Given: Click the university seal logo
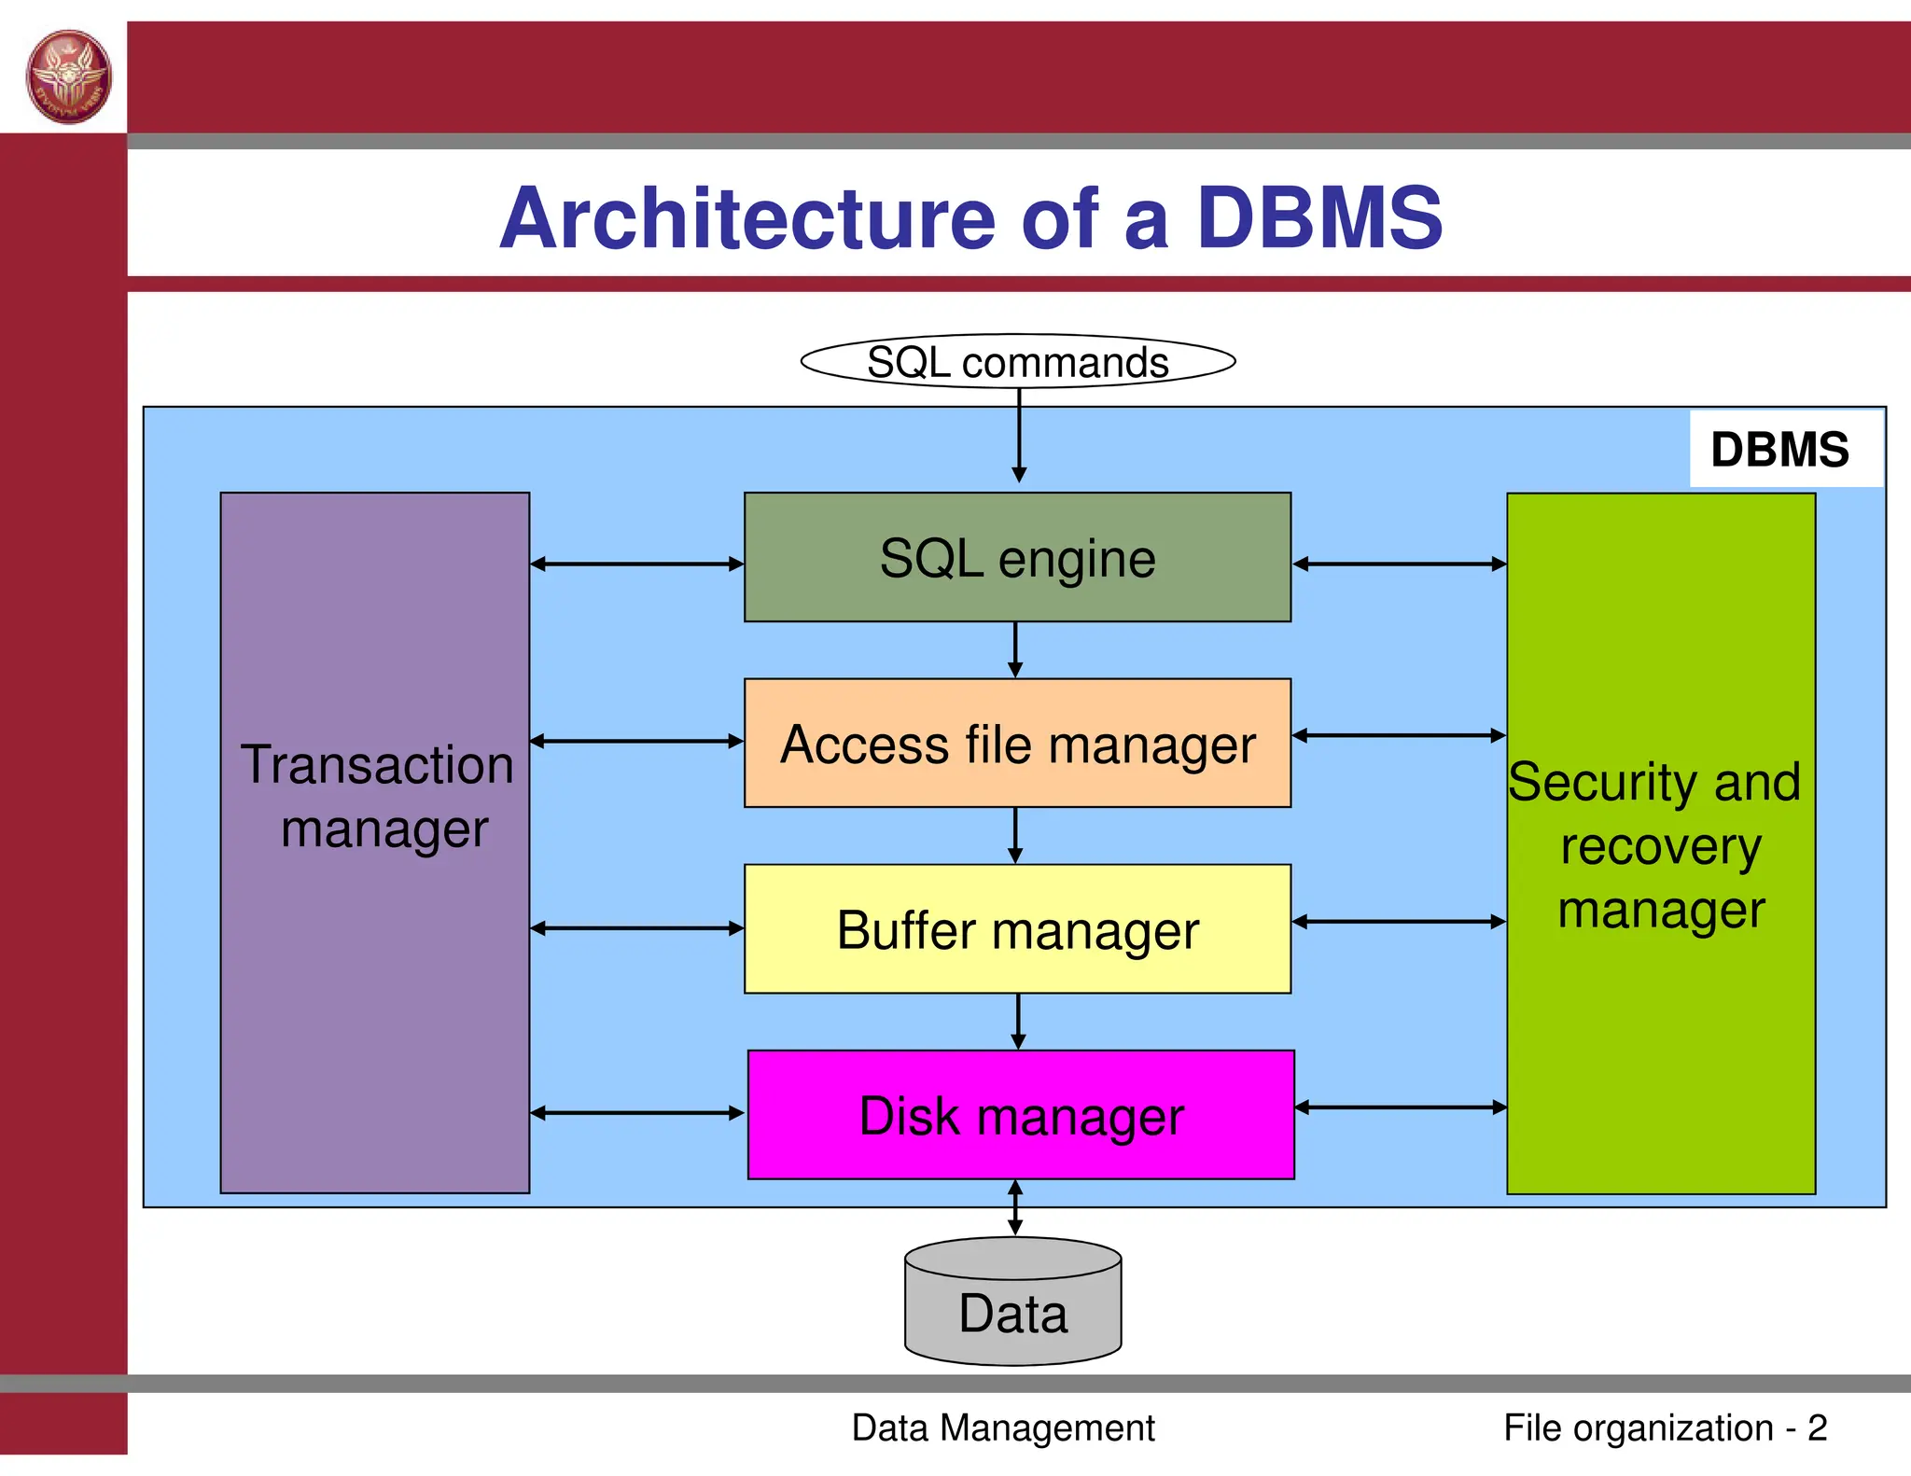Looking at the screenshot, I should [69, 77].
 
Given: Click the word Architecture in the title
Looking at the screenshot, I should [747, 218].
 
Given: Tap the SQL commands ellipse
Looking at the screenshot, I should [1017, 361].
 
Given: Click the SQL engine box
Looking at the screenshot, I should [1017, 558].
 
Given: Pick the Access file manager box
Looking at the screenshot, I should [1017, 744].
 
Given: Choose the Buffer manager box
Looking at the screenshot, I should [1017, 929].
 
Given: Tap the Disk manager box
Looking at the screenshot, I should [1021, 1115].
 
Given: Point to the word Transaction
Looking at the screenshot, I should [377, 764].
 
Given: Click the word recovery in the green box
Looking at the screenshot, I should [1661, 846].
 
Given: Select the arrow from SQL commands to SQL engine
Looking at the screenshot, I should [1019, 434].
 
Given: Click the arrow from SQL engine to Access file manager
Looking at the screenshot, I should [1015, 649].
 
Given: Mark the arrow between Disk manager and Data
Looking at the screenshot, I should [1015, 1208].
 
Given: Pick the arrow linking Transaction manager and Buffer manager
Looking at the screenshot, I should [636, 928].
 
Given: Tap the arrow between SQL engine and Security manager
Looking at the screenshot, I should [1399, 564].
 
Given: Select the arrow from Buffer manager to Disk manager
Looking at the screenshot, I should [1018, 1021].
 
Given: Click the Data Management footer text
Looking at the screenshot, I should [1003, 1427].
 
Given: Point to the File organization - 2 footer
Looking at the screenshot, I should [1665, 1427].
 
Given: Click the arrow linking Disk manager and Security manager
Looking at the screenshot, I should [1400, 1107].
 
